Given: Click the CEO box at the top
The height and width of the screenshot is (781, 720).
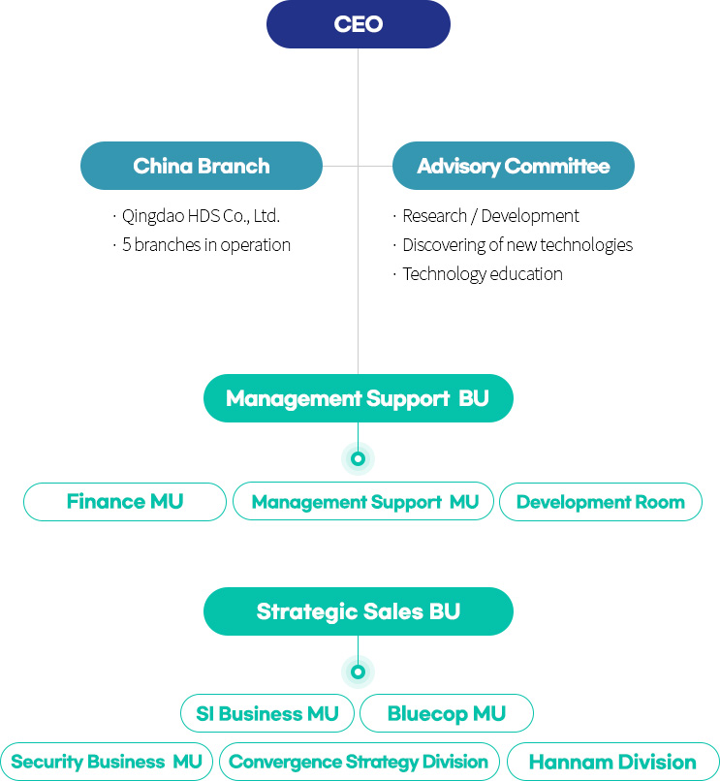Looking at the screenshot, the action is click(x=359, y=24).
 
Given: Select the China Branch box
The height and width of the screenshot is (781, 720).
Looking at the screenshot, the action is click(x=202, y=166).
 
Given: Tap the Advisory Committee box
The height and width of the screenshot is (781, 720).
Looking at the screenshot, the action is click(x=514, y=166).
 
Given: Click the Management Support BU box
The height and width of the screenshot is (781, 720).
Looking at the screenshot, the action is click(x=359, y=398).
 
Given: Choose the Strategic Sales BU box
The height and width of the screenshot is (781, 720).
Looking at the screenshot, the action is click(x=359, y=611).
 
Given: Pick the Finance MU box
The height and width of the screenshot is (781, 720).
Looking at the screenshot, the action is click(x=125, y=502).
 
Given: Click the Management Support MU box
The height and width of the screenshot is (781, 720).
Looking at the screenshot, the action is click(x=363, y=502).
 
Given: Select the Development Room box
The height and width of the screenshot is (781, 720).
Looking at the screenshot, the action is click(x=601, y=502).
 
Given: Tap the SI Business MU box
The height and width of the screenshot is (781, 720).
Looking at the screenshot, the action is click(x=267, y=713).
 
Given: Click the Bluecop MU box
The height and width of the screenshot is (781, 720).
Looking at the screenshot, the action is click(x=447, y=713).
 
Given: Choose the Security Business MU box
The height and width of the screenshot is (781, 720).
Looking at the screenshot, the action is click(x=107, y=762).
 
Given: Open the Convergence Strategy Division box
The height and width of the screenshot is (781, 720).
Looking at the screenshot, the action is click(x=360, y=762).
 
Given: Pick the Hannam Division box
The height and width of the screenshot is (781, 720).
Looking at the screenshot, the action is click(x=612, y=762).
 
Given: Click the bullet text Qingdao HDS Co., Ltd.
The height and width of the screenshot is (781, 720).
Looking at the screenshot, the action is click(x=201, y=216).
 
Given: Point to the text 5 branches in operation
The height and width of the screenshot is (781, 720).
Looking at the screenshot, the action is click(x=206, y=245).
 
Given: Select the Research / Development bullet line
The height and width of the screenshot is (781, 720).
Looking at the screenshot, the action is click(x=490, y=216).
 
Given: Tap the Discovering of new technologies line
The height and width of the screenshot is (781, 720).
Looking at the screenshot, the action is click(x=517, y=245).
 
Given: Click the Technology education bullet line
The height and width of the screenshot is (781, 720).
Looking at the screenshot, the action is click(x=483, y=274).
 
